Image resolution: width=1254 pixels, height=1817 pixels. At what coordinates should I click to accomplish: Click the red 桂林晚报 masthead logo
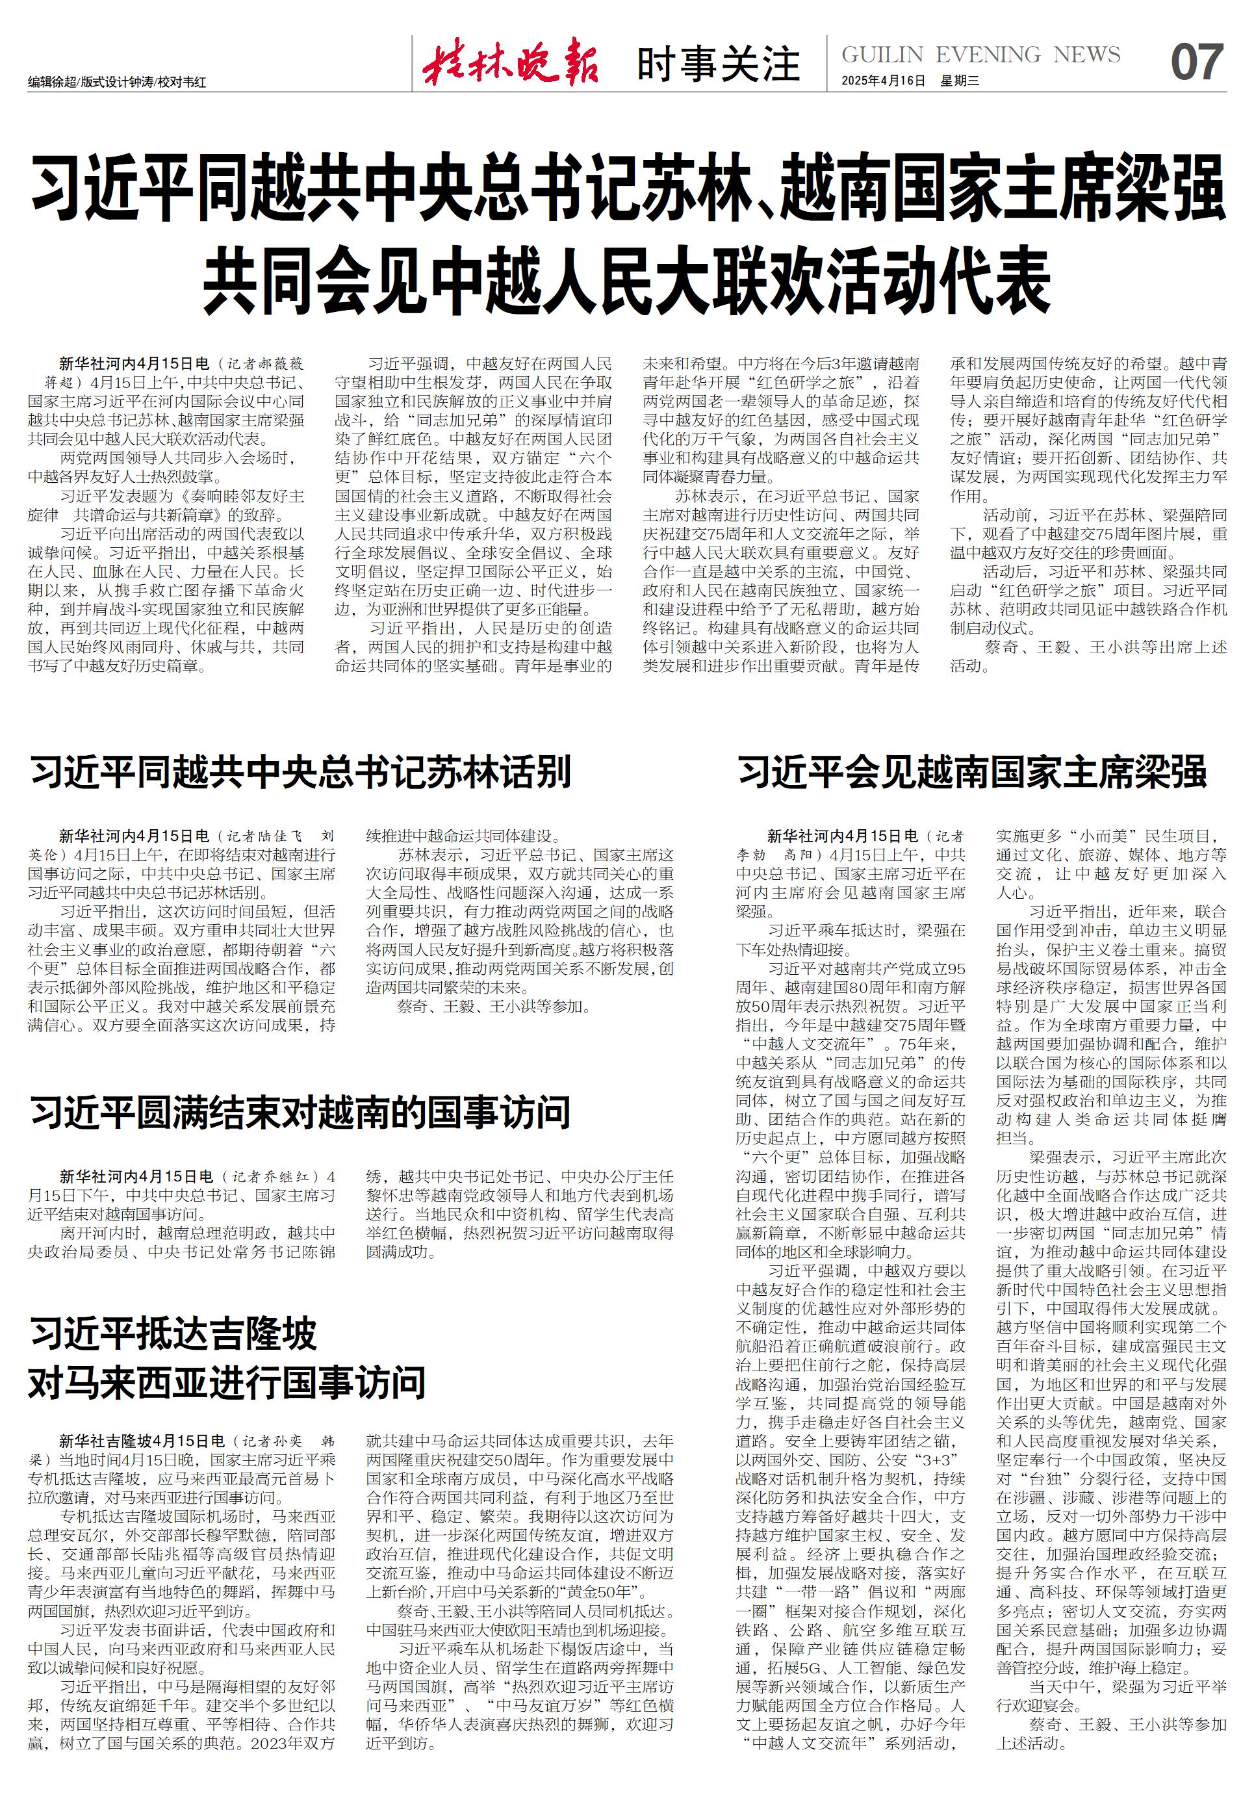[511, 63]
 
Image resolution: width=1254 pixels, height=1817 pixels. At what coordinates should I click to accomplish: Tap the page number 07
[1197, 63]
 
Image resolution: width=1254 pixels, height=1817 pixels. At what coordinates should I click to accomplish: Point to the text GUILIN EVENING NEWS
[980, 55]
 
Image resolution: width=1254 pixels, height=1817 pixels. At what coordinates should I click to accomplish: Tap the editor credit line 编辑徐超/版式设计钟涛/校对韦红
[117, 82]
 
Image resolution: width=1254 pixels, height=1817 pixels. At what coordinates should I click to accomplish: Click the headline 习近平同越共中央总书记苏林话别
[301, 772]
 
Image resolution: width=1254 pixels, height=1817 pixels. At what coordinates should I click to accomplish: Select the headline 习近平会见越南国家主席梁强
[972, 772]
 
